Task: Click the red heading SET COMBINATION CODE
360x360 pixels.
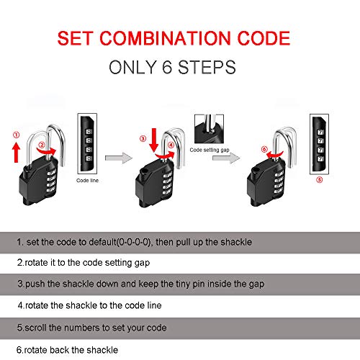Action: pyautogui.click(x=179, y=37)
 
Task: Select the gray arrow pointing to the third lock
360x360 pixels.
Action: pyautogui.click(x=231, y=156)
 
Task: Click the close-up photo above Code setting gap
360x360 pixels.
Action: pyautogui.click(x=209, y=127)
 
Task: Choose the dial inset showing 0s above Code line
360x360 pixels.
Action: pyautogui.click(x=86, y=143)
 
